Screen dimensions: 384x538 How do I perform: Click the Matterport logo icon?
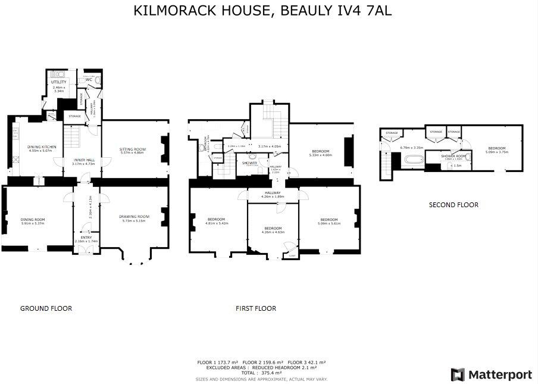click(458, 374)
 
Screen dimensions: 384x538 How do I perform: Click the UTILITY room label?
click(58, 82)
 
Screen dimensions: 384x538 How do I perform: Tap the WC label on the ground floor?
click(89, 79)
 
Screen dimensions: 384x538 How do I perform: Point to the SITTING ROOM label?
click(133, 149)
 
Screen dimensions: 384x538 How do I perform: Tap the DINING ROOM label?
click(33, 219)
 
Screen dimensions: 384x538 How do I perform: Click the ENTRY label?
click(87, 236)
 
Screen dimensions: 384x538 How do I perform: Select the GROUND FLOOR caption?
click(46, 308)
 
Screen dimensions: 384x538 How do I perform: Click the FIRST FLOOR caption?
click(256, 308)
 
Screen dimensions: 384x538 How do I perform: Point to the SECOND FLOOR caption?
click(453, 205)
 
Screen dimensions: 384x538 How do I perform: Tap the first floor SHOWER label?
click(249, 162)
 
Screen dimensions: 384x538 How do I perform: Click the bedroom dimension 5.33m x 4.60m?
click(320, 155)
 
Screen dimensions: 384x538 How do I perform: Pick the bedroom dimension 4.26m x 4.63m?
click(273, 232)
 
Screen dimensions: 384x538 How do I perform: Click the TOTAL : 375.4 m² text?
click(261, 373)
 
